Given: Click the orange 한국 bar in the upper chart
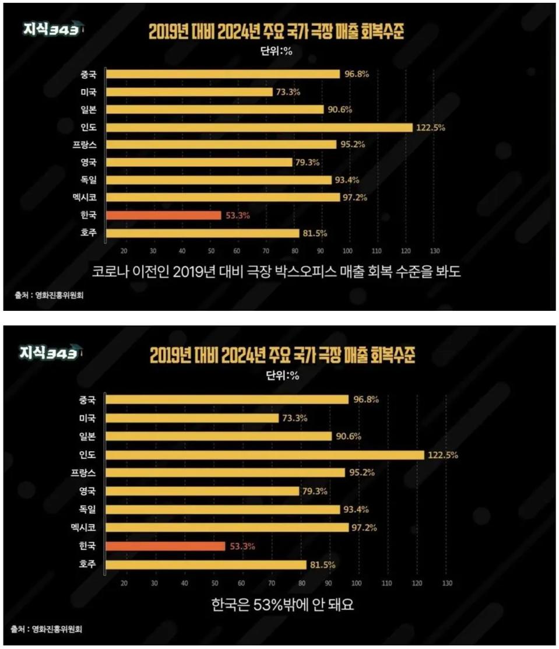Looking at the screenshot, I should (164, 215).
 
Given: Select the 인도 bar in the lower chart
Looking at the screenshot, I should (266, 455).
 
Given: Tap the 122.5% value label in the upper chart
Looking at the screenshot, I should (430, 127).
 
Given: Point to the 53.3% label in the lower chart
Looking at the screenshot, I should (242, 546).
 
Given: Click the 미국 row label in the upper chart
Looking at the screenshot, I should (89, 92).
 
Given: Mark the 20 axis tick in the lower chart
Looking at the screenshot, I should (124, 583).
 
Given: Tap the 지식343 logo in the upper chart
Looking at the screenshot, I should (50, 31).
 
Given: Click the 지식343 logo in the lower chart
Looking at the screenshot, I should (49, 353).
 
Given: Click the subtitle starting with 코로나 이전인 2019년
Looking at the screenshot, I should (276, 272).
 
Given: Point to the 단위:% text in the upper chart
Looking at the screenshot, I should (275, 50).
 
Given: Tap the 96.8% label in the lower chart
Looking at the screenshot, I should (366, 400).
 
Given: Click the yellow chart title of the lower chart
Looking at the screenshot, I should (283, 356).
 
